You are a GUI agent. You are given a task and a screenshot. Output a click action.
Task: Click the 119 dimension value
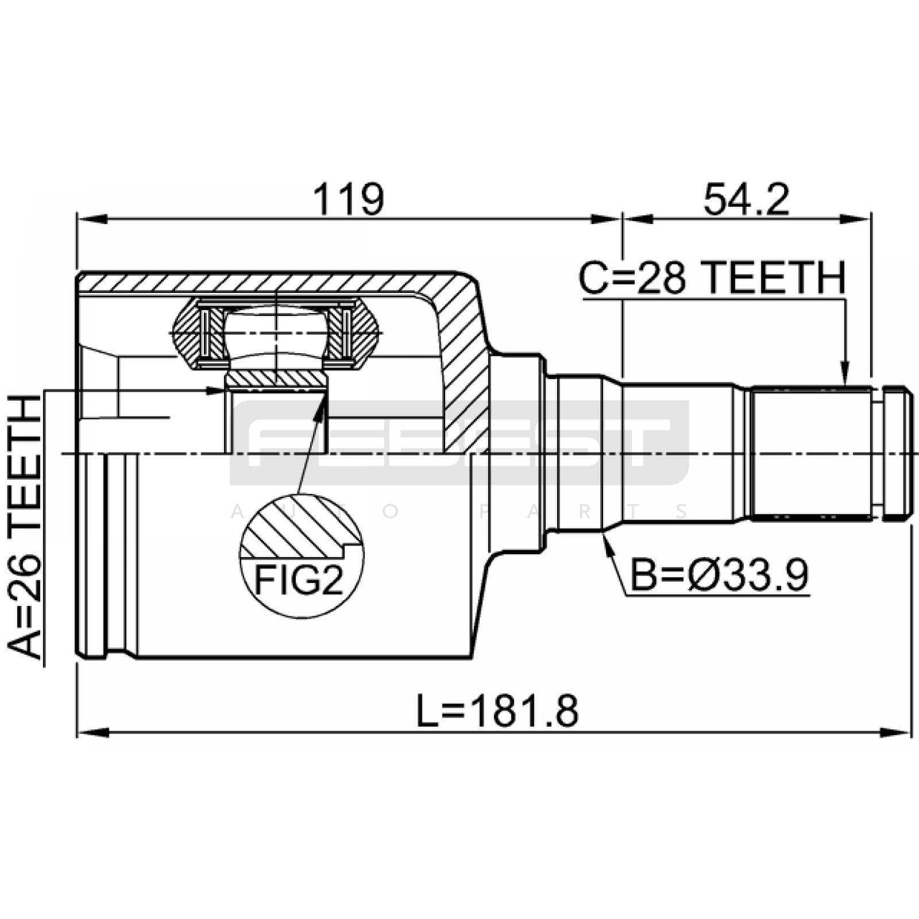[x=348, y=199]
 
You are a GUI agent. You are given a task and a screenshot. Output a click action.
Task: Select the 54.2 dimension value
[x=746, y=199]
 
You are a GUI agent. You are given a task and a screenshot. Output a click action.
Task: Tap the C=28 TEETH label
[x=712, y=278]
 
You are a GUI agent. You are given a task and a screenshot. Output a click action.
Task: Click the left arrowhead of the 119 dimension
[x=92, y=219]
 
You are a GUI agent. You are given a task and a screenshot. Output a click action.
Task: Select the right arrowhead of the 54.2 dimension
[x=856, y=219]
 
